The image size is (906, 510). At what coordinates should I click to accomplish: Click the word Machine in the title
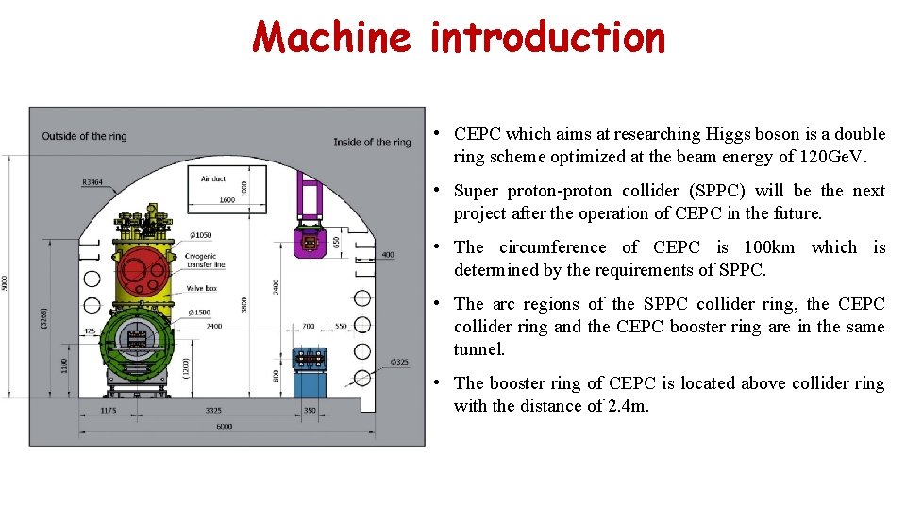[331, 38]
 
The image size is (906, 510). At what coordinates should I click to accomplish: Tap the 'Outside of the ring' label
[84, 136]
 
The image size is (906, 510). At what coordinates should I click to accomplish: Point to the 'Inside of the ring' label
[372, 142]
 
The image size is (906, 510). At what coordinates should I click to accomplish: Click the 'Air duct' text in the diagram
[213, 178]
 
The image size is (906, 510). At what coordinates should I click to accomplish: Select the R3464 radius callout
[93, 180]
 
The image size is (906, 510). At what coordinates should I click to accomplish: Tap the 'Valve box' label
[202, 288]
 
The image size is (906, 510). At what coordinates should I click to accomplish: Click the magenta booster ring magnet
[309, 242]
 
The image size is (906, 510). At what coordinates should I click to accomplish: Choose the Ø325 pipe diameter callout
[400, 362]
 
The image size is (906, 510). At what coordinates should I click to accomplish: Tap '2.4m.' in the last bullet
[629, 406]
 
